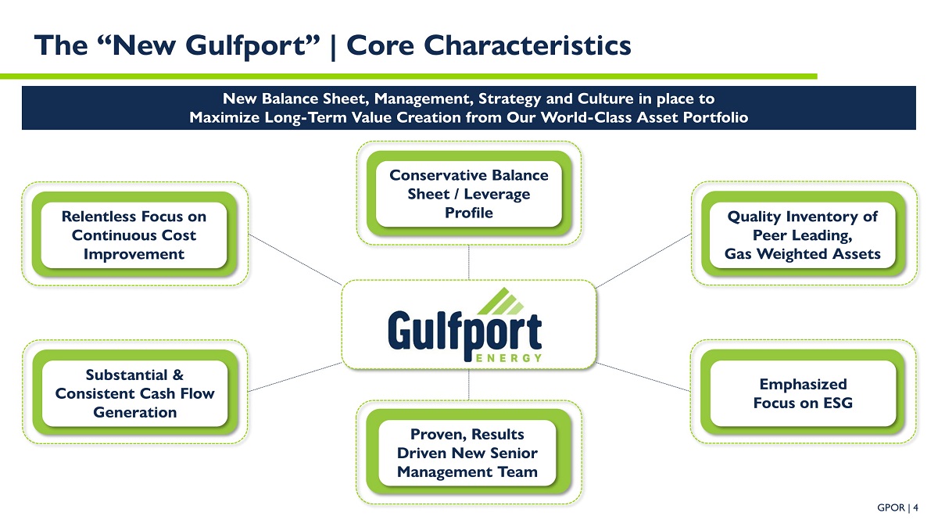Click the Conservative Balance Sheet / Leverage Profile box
(x=469, y=193)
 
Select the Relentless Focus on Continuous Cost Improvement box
(x=134, y=235)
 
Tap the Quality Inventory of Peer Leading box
(x=802, y=235)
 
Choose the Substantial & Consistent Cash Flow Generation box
(x=134, y=393)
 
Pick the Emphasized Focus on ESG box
(x=802, y=393)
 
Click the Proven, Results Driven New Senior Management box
(x=467, y=453)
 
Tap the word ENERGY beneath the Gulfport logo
(x=508, y=357)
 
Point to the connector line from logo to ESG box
(x=645, y=377)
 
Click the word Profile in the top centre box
(x=469, y=213)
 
